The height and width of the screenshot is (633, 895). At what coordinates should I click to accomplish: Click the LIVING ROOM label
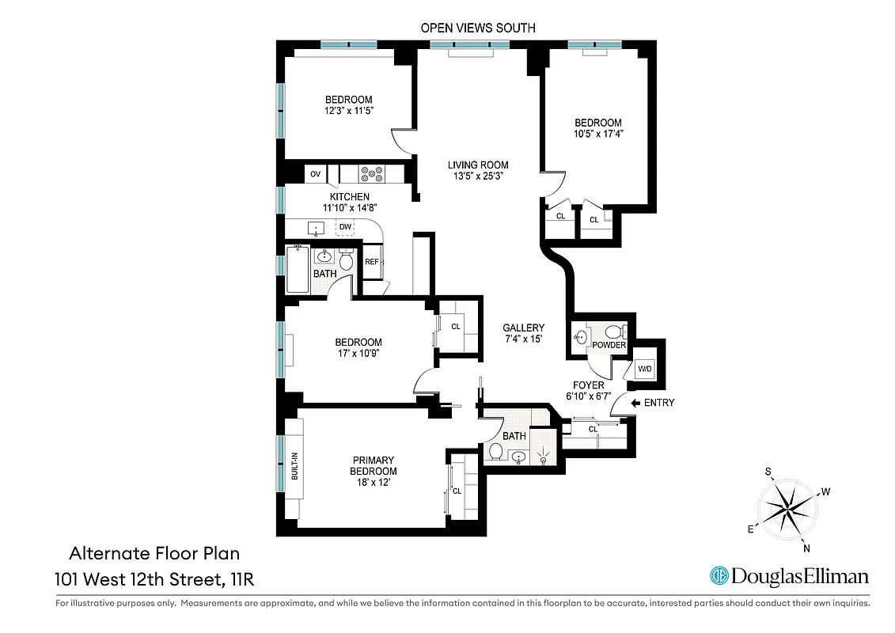pyautogui.click(x=478, y=165)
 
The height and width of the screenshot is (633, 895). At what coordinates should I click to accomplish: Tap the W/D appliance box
pyautogui.click(x=644, y=369)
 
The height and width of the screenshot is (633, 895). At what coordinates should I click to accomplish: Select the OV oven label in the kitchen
pyautogui.click(x=315, y=174)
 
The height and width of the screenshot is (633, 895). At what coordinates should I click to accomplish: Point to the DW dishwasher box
pyautogui.click(x=345, y=228)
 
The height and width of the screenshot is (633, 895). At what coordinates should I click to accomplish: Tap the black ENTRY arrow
pyautogui.click(x=635, y=403)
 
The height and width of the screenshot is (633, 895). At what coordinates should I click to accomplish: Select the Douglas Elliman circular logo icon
pyautogui.click(x=719, y=576)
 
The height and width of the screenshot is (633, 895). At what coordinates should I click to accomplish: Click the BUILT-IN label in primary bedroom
pyautogui.click(x=294, y=466)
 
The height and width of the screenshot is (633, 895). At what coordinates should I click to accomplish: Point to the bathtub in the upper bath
pyautogui.click(x=298, y=269)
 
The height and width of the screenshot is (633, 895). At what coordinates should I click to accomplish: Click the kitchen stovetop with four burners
pyautogui.click(x=370, y=173)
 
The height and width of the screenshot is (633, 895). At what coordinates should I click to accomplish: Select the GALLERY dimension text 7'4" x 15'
pyautogui.click(x=523, y=339)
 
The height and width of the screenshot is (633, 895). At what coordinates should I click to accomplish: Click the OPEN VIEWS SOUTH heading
pyautogui.click(x=478, y=28)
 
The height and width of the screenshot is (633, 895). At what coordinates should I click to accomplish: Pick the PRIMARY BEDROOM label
pyautogui.click(x=374, y=466)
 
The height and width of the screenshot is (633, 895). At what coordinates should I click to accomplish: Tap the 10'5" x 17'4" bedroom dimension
pyautogui.click(x=597, y=135)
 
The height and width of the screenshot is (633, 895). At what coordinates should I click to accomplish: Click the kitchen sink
pyautogui.click(x=317, y=229)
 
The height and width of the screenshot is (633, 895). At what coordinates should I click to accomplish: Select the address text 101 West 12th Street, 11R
pyautogui.click(x=154, y=579)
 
